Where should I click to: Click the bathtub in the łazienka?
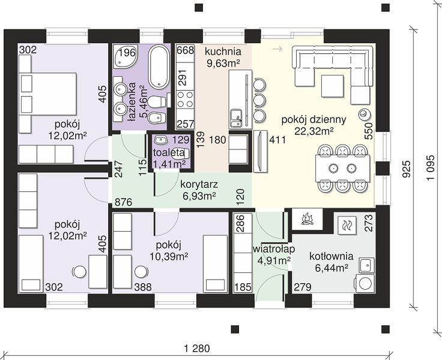tap(159, 67)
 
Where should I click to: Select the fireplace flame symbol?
tap(307, 219)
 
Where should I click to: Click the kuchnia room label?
tap(223, 52)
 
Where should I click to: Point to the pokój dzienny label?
tap(313, 120)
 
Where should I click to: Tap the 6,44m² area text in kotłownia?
tap(331, 268)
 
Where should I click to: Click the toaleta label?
tap(169, 152)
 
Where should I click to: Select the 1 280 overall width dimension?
tap(198, 349)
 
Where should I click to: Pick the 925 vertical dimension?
tap(406, 169)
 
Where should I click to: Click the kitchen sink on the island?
tap(236, 118)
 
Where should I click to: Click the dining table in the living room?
tap(342, 168)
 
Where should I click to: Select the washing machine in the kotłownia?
tap(365, 283)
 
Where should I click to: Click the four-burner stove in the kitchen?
tap(185, 100)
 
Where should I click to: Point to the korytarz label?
tap(199, 185)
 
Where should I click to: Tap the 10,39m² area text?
tap(169, 257)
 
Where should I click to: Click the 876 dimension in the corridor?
tap(124, 202)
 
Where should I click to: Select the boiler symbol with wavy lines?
tap(345, 225)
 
